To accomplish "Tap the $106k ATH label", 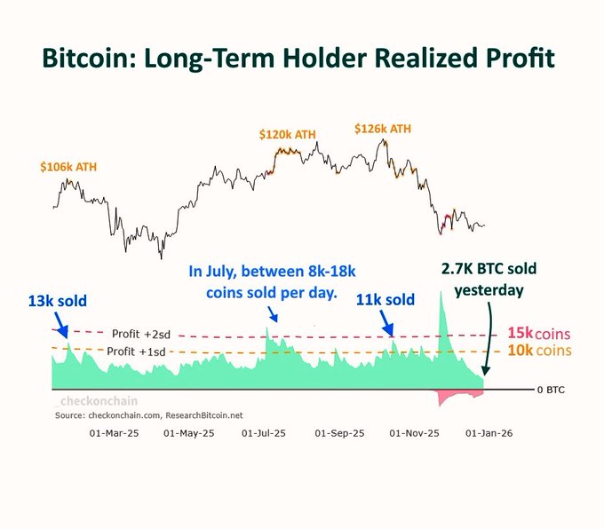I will point(66,166).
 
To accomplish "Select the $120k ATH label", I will point(288,134).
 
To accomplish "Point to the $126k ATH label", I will point(383,129).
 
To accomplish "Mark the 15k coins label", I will point(537,334).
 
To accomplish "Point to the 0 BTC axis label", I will point(551,390).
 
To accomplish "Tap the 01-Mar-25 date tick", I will point(115,434).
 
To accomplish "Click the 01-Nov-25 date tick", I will point(416,434).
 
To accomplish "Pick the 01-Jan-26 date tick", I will point(489,434).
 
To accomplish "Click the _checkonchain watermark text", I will point(90,401).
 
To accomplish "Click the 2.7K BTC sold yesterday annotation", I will point(489,279).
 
